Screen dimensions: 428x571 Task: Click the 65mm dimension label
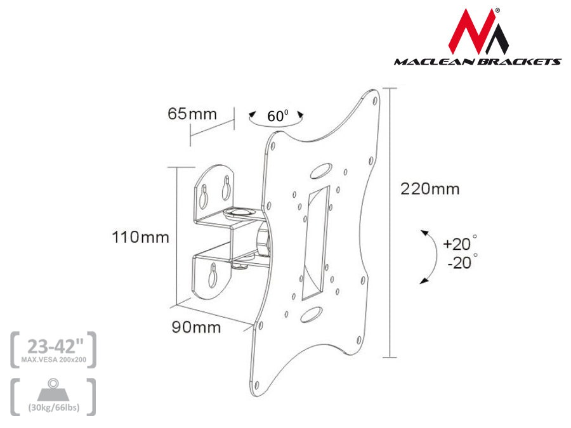tap(192, 114)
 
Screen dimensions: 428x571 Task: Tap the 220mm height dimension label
tap(430, 188)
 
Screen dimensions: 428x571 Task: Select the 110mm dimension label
tap(141, 238)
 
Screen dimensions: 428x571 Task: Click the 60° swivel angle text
tap(277, 116)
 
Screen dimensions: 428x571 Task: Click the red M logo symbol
tap(479, 32)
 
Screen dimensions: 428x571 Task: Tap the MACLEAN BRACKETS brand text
tap(477, 62)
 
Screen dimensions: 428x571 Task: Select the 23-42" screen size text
tap(53, 346)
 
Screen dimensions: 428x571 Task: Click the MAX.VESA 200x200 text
tap(53, 360)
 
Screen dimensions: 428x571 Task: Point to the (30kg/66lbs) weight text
tap(53, 407)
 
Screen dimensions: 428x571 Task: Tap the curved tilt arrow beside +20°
tap(430, 256)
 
